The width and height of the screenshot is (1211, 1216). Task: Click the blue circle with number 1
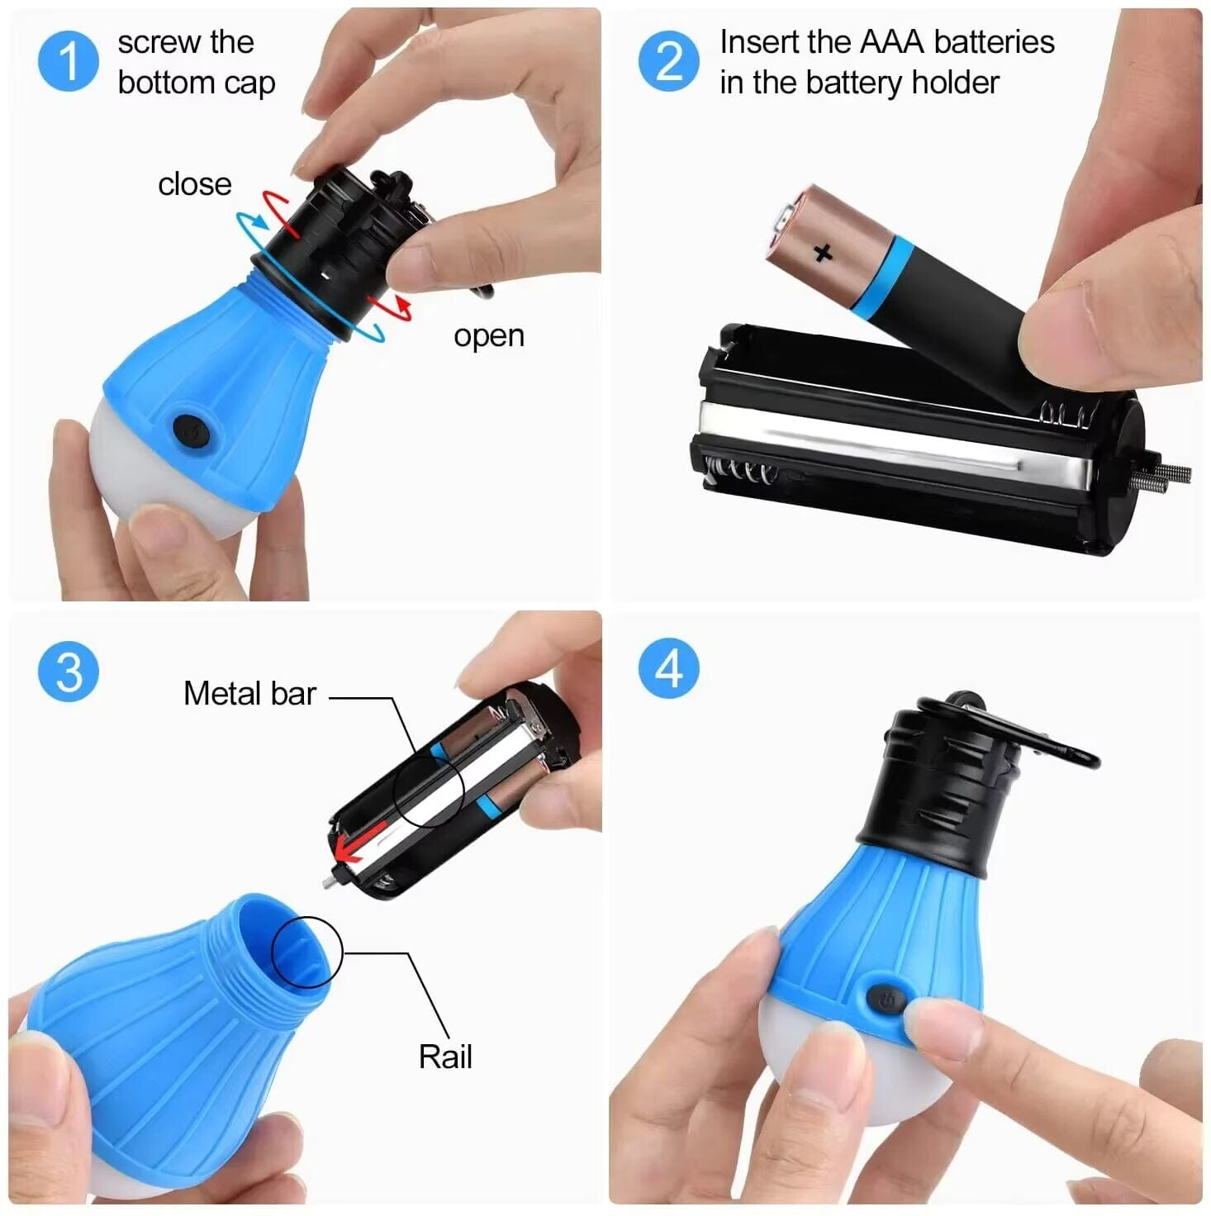click(x=68, y=60)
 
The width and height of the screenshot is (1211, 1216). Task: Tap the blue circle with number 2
click(x=668, y=60)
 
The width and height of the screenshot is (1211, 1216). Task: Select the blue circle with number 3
click(x=68, y=671)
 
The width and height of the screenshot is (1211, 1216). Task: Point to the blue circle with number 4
click(x=668, y=668)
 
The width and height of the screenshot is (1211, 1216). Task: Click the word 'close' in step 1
click(x=194, y=183)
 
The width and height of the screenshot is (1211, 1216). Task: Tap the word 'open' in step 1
click(x=489, y=335)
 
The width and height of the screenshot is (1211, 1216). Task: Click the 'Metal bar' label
click(x=249, y=693)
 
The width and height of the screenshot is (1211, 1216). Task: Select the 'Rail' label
click(x=445, y=1057)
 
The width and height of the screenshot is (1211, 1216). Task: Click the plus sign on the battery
click(x=823, y=252)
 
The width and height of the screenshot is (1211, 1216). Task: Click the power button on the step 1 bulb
click(x=191, y=431)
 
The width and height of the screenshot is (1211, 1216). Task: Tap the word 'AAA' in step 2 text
click(x=891, y=41)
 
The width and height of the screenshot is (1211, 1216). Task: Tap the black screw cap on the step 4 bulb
click(x=943, y=785)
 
